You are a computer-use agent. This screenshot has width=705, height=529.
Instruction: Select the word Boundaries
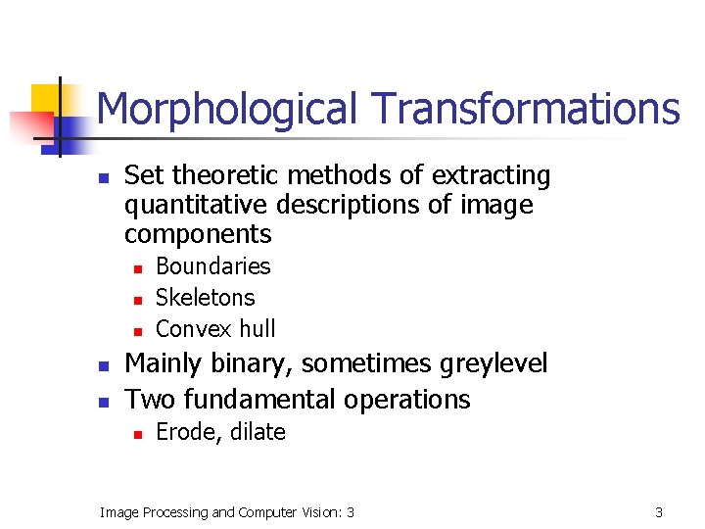212,266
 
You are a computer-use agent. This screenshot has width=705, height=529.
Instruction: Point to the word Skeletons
205,298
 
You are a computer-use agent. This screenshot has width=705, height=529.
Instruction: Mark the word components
198,235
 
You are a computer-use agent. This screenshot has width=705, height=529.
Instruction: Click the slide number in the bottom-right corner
659,512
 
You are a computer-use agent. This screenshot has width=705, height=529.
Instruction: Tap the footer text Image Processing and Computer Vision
227,512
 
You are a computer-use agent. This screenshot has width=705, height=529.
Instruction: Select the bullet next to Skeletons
138,299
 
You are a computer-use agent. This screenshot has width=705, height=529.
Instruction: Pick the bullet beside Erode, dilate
138,433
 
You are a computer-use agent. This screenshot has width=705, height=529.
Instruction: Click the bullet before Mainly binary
103,365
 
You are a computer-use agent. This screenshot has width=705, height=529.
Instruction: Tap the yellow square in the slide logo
46,98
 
